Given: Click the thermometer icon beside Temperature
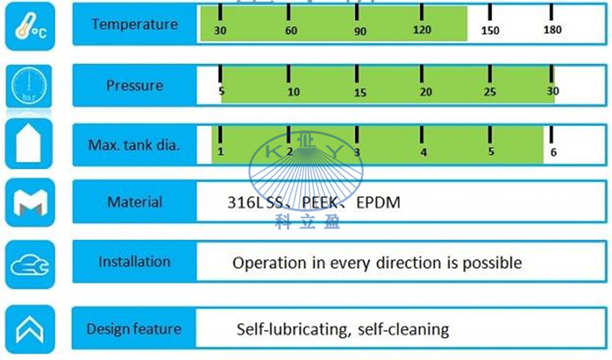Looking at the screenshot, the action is (30, 26).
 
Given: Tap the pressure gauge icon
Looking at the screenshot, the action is (29, 86).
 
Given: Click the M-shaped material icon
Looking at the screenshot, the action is (30, 202).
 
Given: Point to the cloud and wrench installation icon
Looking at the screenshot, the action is (30, 265).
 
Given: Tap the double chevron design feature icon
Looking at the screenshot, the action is (30, 329).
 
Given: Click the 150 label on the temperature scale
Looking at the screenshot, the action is (490, 30).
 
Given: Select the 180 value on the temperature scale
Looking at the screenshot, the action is (552, 30).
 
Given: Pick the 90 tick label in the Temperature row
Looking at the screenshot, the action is (360, 31).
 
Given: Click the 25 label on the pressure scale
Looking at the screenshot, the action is (490, 92).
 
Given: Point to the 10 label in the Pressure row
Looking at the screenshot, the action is (294, 91).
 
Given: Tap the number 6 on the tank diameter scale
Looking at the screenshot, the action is (554, 152).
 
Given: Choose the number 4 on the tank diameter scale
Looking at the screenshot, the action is (424, 152).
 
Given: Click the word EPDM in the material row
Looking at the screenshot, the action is (378, 202).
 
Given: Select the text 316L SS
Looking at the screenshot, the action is (255, 202).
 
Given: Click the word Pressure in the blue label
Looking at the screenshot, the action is (135, 86).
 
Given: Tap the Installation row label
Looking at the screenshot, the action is (134, 261).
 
